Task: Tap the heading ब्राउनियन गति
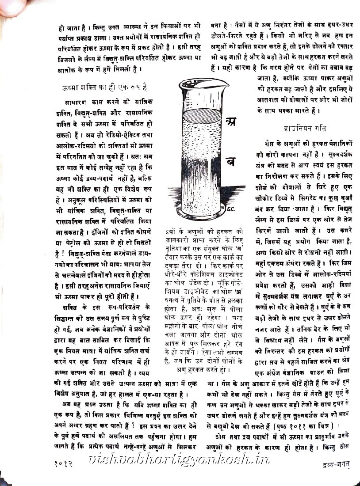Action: coord(305,129)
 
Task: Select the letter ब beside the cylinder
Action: coord(230,161)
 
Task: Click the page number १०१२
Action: coord(65,463)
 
